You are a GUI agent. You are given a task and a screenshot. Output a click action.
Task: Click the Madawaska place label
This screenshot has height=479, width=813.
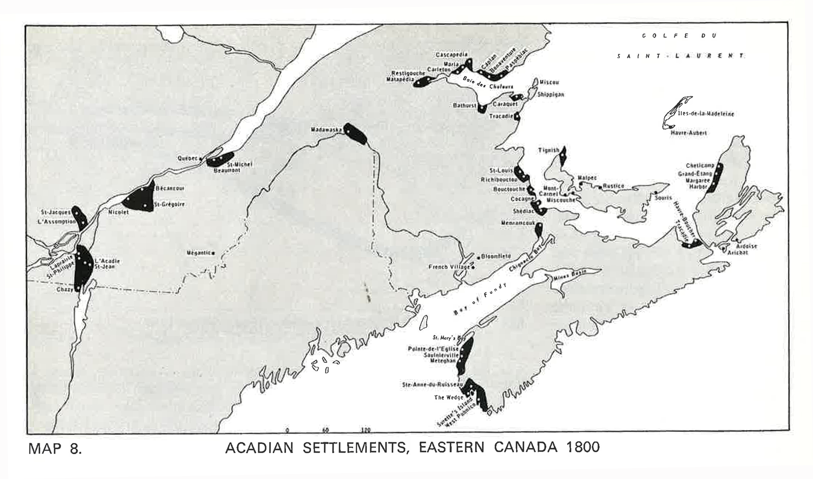(326, 130)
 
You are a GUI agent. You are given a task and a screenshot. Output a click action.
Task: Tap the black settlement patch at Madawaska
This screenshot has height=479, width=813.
(356, 134)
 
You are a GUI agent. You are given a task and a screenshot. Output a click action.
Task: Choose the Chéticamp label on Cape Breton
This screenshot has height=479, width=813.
(700, 165)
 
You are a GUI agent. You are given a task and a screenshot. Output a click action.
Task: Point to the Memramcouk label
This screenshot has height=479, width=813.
(518, 223)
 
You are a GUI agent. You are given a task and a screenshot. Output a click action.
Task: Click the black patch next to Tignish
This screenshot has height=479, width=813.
(562, 156)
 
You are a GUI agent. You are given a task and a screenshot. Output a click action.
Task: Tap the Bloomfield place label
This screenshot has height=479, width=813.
(496, 257)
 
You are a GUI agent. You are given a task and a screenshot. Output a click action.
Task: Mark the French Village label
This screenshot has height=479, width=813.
(449, 267)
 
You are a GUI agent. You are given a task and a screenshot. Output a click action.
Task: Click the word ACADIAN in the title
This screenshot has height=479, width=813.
(259, 448)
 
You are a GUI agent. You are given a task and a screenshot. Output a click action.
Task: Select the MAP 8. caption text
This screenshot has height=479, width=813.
(55, 449)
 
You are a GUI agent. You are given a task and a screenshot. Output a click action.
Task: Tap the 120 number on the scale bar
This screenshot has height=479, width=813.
(365, 430)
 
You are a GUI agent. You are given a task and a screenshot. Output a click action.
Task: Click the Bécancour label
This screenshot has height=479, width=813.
(170, 188)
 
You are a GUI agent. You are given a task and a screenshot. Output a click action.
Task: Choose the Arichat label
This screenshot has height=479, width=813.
(737, 252)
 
